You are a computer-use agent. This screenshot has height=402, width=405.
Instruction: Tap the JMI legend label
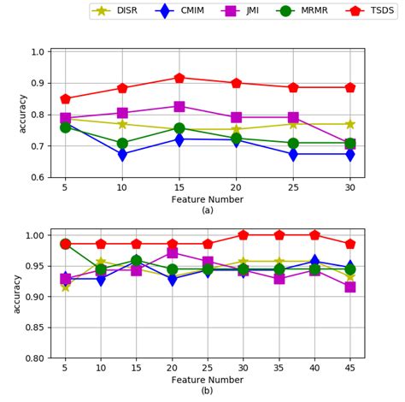tap(254, 11)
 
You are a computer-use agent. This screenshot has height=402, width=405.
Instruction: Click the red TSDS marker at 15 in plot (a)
tap(179, 78)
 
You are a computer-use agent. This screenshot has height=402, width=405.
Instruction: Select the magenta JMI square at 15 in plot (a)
tap(179, 107)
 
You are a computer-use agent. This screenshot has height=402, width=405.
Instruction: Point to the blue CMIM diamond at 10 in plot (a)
tap(122, 155)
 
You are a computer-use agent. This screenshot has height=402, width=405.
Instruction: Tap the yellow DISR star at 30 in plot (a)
tap(349, 124)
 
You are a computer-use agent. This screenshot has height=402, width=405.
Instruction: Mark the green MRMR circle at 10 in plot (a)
tap(122, 144)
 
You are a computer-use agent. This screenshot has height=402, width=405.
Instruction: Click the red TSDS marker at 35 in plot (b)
tap(302, 234)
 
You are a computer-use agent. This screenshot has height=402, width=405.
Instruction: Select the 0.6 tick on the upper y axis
tap(39, 178)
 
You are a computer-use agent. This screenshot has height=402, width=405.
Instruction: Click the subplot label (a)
tap(207, 210)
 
